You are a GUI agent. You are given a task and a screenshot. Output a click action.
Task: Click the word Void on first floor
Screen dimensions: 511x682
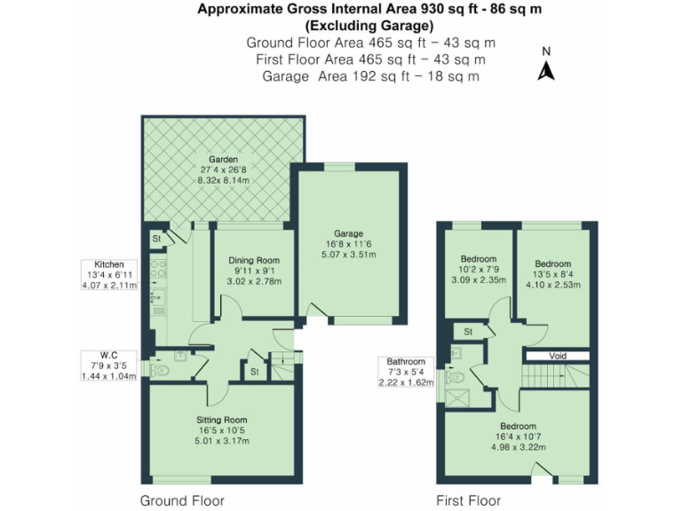pos(557,355)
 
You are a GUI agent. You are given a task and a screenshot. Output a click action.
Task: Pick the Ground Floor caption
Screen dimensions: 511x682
pos(182,500)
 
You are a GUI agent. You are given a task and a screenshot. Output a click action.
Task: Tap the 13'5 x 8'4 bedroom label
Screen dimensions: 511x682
pos(551,275)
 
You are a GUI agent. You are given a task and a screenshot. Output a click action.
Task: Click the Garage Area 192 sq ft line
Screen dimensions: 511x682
pos(370,76)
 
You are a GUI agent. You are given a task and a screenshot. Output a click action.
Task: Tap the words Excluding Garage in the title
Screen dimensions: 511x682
pos(370,26)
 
